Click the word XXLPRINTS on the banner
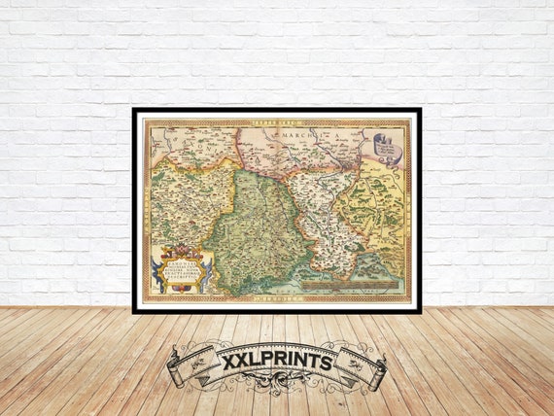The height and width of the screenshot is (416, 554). click(x=277, y=362)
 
